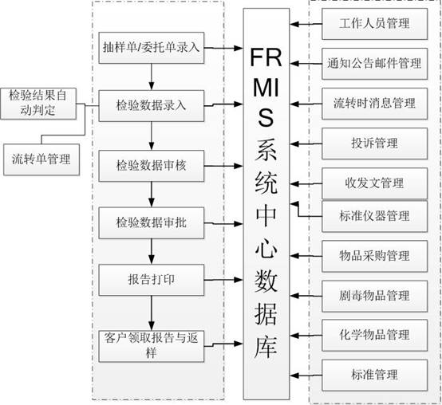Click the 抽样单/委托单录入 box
152,48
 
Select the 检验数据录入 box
152,106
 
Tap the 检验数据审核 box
152,166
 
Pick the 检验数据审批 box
152,223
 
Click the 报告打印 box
152,280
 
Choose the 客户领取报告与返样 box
152,346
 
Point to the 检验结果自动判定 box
38,104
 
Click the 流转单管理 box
41,159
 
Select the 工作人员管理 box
375,24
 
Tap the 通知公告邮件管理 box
375,64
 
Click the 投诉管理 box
375,144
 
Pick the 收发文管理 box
375,183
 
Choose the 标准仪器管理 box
375,216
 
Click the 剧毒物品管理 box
375,296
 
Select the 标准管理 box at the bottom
375,376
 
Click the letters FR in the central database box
266,57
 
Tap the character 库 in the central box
266,347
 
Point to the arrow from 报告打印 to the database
223,280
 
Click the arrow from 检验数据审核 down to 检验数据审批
152,195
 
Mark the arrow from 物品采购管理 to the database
306,256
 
